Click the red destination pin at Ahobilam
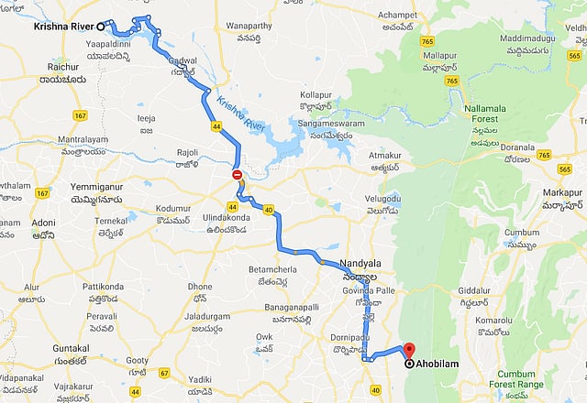click(409, 350)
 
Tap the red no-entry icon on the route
click(237, 174)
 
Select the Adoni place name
click(44, 222)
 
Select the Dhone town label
click(200, 286)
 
